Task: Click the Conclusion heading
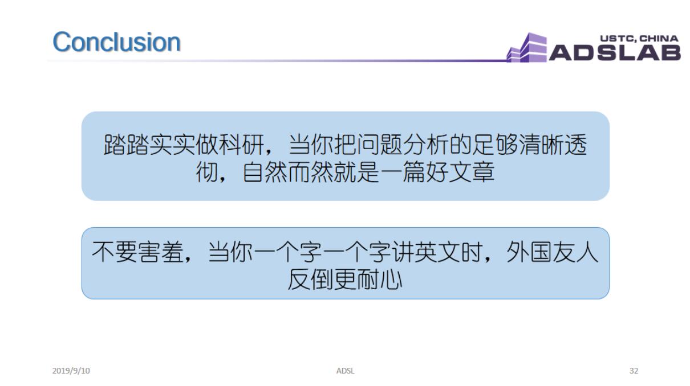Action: pos(116,42)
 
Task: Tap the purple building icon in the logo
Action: pos(526,48)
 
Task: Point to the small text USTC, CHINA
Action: pos(639,39)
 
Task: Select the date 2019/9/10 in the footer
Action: pos(71,371)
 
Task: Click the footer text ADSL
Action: pos(345,371)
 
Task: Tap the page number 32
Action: pos(634,371)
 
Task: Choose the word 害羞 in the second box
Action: pos(161,252)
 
